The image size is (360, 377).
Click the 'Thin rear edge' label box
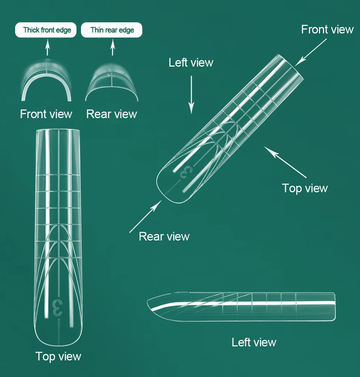tap(112, 30)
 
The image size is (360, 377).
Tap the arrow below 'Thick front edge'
tap(48, 48)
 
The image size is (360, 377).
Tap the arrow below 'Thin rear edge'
tap(112, 48)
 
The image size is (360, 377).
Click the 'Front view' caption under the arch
tap(46, 114)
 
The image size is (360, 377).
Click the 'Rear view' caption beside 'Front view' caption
tap(112, 114)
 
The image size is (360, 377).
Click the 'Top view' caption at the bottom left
tap(58, 356)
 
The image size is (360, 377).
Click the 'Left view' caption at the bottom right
tap(254, 342)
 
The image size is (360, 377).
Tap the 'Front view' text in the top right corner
tap(327, 29)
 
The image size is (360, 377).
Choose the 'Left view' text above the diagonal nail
tap(191, 63)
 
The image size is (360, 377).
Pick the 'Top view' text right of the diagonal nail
tap(305, 188)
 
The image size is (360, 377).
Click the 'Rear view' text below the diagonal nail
tap(164, 236)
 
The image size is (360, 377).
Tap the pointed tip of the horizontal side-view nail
tap(148, 302)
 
